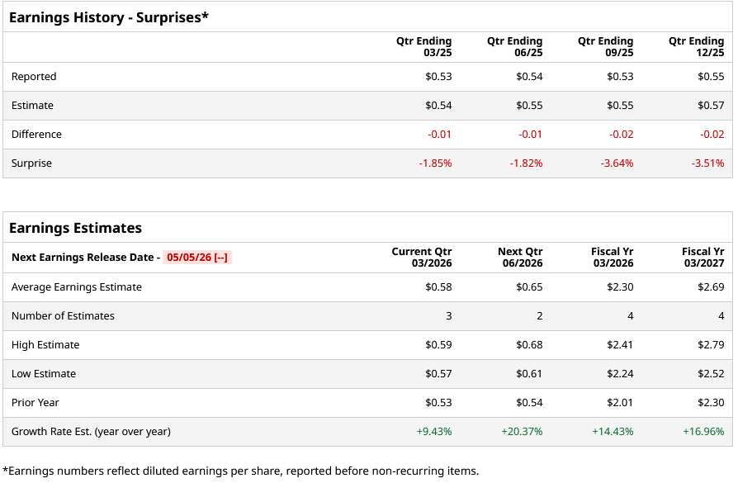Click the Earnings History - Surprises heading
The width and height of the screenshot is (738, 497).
(109, 17)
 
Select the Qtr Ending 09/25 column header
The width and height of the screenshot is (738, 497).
(605, 47)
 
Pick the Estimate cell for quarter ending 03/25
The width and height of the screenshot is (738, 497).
(438, 106)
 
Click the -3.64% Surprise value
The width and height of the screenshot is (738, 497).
(617, 163)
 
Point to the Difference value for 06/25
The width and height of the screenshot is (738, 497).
(530, 135)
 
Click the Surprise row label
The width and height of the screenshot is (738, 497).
(31, 163)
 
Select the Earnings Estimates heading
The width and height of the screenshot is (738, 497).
(75, 228)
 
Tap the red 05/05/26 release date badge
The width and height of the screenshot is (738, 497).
(197, 258)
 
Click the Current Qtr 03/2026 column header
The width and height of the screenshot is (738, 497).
(422, 258)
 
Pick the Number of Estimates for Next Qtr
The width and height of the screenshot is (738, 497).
(539, 316)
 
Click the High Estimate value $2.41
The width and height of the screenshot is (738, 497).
(620, 345)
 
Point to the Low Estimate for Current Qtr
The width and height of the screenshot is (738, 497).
(438, 374)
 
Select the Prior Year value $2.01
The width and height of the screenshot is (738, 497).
(620, 403)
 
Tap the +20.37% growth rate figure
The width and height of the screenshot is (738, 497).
(522, 432)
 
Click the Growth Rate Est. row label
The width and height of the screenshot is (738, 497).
(91, 432)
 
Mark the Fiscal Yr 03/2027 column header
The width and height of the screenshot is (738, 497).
(703, 258)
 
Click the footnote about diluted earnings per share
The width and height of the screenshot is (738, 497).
(240, 471)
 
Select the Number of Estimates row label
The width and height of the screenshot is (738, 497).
(63, 316)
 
